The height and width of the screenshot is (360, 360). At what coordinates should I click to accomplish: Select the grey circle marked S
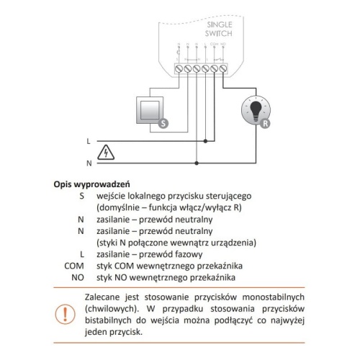(162, 123)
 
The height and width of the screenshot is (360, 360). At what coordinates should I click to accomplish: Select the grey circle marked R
(266, 123)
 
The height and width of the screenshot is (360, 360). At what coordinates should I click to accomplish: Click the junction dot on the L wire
(209, 141)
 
